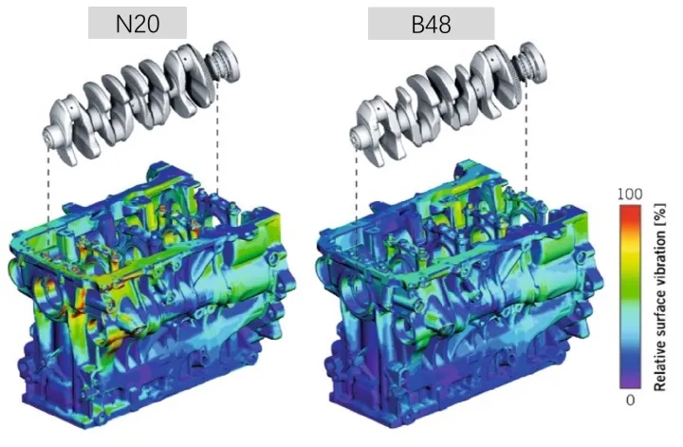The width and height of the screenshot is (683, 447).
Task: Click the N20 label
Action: click(x=138, y=24)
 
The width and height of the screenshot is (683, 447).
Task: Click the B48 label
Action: click(x=431, y=24)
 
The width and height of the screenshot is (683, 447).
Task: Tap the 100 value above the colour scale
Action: click(x=630, y=194)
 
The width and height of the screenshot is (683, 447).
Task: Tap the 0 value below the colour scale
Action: click(x=630, y=400)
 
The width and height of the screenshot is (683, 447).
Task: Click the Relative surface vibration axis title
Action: click(x=660, y=297)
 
